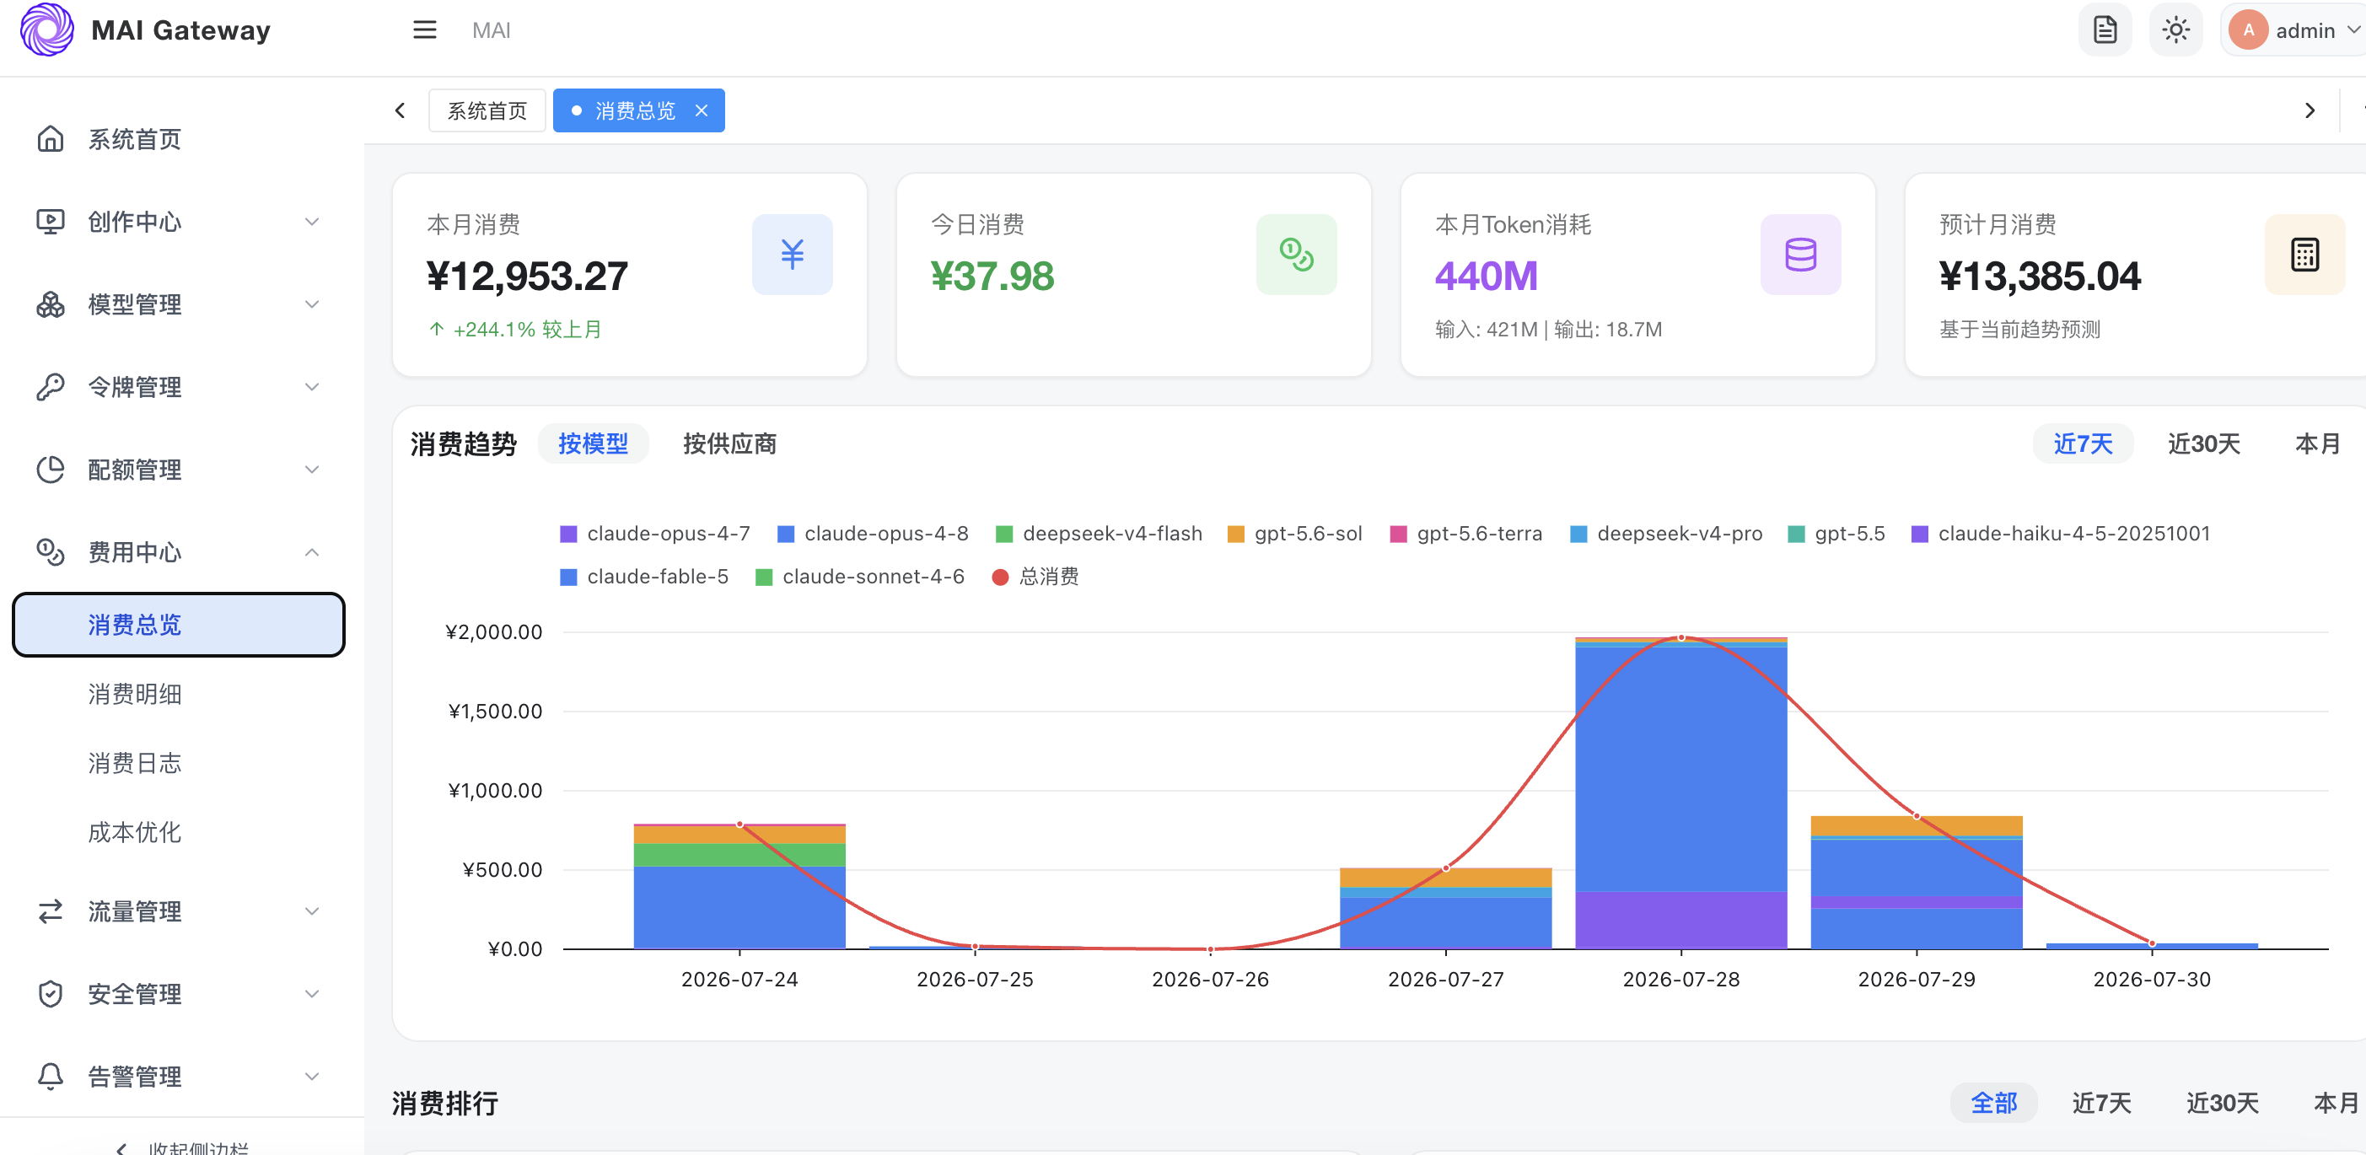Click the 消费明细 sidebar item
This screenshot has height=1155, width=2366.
pos(134,694)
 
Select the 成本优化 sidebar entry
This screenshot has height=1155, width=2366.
pos(134,832)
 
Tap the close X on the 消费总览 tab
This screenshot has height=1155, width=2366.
pos(701,110)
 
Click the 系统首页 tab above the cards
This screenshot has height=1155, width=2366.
pos(487,110)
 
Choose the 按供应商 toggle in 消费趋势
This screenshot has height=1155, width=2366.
pos(729,443)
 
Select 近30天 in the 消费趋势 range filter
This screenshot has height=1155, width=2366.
pos(2203,443)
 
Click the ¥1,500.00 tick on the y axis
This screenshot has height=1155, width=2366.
pos(495,711)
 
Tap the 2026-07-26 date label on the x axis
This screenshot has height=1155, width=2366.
pos(1210,979)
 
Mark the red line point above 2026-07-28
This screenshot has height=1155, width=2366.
pos(1680,637)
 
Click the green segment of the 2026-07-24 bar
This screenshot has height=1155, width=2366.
pos(739,855)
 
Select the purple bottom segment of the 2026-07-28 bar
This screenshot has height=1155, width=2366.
pos(1680,920)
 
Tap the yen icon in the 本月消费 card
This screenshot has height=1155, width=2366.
pos(792,255)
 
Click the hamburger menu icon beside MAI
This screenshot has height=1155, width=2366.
pos(424,30)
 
